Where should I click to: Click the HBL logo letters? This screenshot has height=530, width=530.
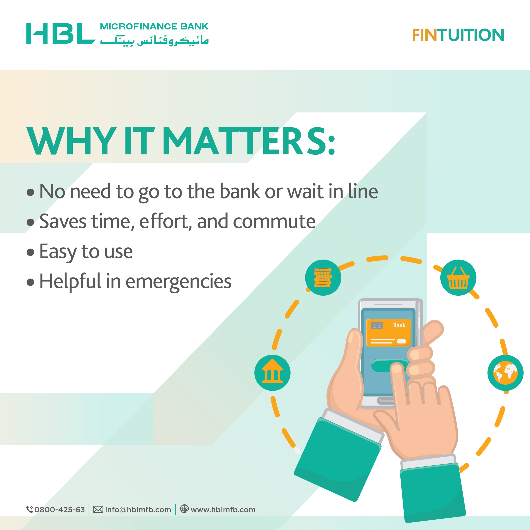click(x=61, y=34)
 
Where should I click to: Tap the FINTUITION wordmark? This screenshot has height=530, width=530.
click(x=458, y=35)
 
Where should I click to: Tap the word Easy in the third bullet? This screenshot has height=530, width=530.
click(x=58, y=252)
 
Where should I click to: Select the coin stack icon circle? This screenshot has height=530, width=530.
click(x=323, y=277)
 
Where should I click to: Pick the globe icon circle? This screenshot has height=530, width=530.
click(x=505, y=373)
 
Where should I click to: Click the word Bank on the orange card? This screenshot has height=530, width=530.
click(x=399, y=325)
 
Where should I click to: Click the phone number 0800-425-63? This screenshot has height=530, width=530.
click(x=60, y=510)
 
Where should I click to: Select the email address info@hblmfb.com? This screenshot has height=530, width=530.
click(x=138, y=510)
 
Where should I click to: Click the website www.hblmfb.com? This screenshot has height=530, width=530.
click(x=223, y=510)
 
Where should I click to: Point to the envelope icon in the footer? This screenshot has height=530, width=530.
click(x=98, y=510)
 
